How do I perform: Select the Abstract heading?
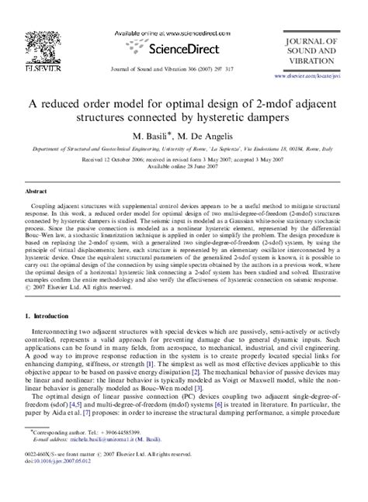click(x=38, y=190)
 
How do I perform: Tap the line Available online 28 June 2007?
click(x=183, y=168)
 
